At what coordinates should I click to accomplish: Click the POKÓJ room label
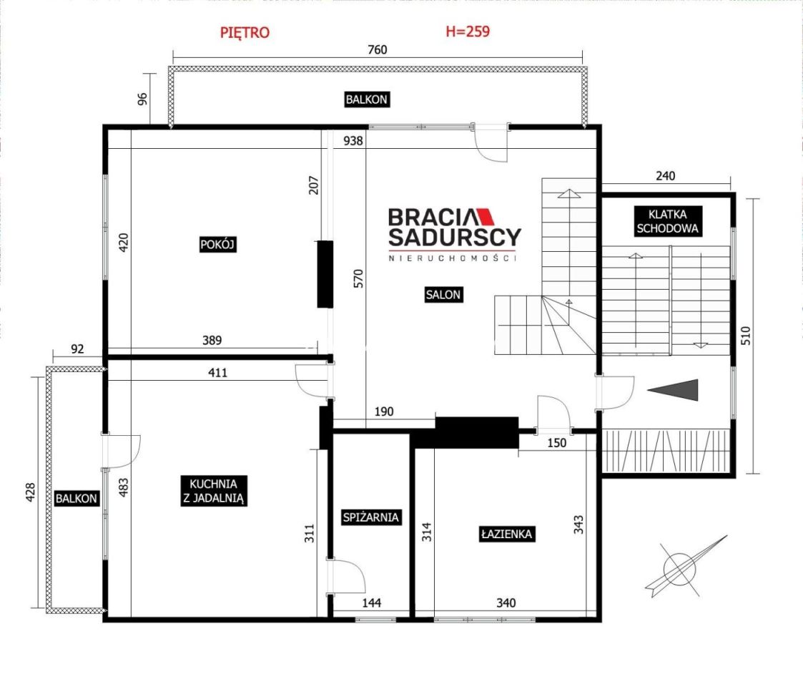(217, 245)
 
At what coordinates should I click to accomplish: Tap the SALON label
(443, 294)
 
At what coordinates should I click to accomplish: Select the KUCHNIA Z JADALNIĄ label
(214, 491)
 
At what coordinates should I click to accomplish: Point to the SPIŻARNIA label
(371, 517)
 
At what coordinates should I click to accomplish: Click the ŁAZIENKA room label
(506, 535)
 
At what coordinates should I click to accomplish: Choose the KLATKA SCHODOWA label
(667, 221)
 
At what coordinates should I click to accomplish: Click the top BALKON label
(367, 99)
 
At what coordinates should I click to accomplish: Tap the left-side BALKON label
(77, 498)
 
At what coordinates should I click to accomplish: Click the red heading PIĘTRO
(245, 32)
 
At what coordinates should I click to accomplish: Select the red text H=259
(468, 31)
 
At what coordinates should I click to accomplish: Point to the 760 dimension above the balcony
(378, 49)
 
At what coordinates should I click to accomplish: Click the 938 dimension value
(353, 140)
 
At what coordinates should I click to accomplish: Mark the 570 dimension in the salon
(358, 278)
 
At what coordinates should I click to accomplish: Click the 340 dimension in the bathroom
(506, 603)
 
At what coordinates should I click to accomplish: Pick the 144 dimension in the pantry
(371, 603)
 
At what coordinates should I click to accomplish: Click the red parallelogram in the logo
(485, 217)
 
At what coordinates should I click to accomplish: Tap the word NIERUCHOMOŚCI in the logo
(452, 258)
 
